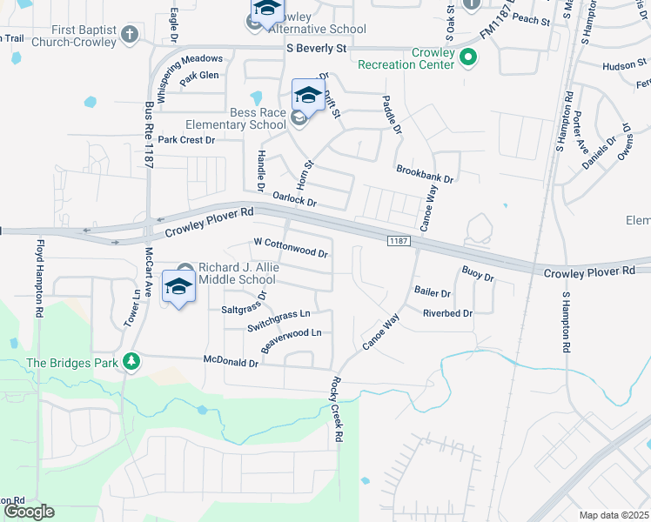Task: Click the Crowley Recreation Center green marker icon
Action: coord(468,58)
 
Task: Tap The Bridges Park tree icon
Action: coord(131,360)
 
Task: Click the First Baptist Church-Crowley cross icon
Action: coord(130,35)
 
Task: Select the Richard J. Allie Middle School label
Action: coord(237,273)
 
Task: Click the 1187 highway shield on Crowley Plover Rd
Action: coord(398,240)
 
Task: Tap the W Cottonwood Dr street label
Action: coord(291,248)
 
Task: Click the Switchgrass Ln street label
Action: coord(279,320)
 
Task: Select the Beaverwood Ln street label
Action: coord(292,338)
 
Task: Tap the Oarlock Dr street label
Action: coord(294,199)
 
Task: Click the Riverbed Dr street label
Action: coord(447,313)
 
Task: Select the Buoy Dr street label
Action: coord(478,273)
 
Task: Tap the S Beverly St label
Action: coord(317,50)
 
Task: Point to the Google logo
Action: coord(28,512)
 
